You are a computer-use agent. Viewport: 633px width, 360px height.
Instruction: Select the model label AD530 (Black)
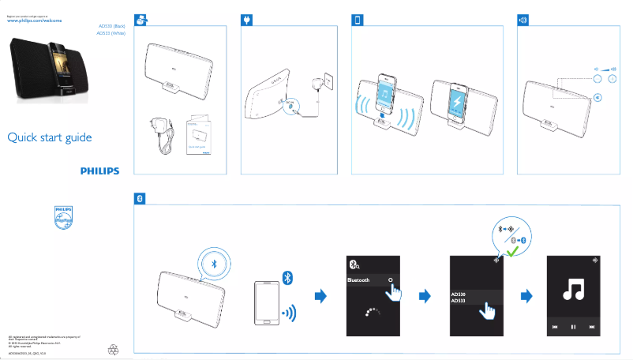[x=110, y=26]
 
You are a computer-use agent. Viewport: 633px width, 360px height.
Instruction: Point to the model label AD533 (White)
[x=110, y=33]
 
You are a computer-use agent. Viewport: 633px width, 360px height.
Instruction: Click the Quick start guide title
[x=50, y=138]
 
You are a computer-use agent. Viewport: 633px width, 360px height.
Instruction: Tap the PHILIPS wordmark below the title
[x=99, y=170]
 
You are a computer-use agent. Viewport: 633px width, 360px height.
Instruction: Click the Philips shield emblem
[x=63, y=218]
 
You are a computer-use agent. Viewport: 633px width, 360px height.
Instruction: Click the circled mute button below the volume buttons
[x=597, y=97]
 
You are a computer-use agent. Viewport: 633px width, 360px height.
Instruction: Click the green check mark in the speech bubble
[x=514, y=251]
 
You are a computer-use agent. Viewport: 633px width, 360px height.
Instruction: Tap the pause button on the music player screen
[x=573, y=326]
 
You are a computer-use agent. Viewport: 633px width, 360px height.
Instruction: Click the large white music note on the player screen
[x=573, y=291]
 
